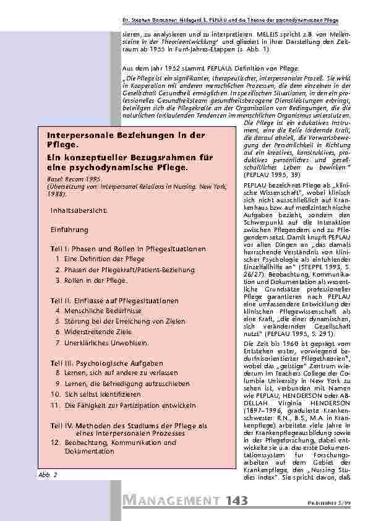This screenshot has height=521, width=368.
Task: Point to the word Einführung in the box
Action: pos(69,230)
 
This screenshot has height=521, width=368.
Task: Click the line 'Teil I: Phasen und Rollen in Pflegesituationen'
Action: pos(127,248)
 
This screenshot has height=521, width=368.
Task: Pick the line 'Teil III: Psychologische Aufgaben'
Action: pos(107,363)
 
